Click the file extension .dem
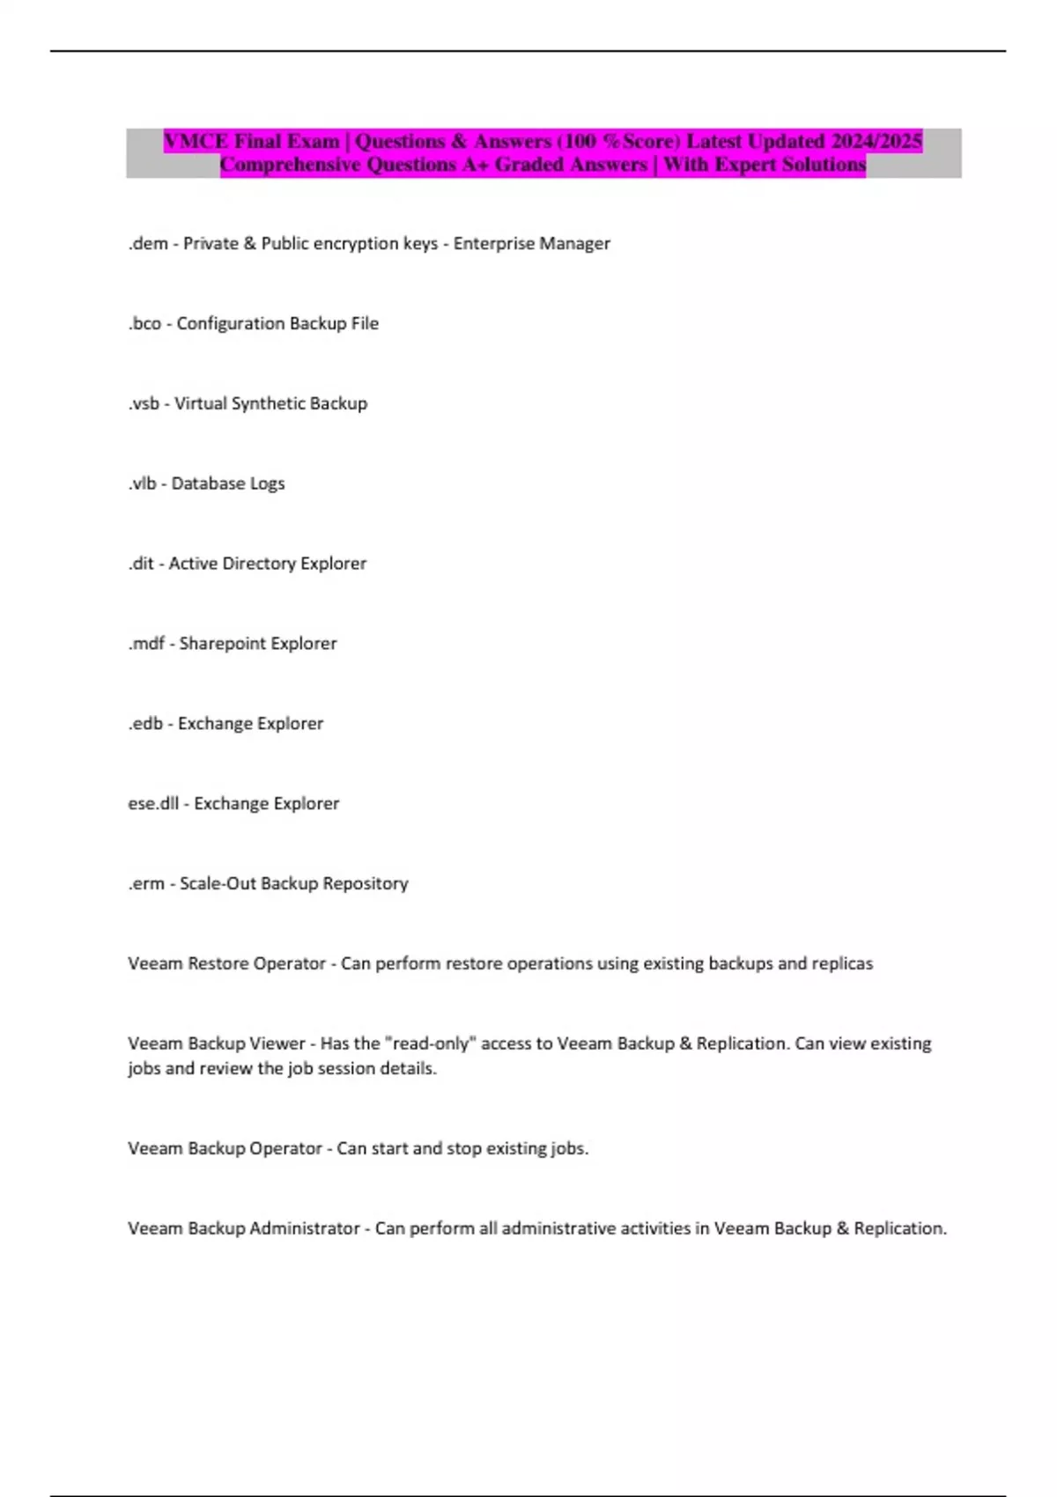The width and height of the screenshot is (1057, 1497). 148,244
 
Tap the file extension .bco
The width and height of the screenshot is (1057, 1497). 145,324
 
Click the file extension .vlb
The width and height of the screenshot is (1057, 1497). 142,483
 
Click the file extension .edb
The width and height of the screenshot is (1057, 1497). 145,724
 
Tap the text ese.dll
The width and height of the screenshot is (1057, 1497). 153,803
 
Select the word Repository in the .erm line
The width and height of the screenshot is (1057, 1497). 365,883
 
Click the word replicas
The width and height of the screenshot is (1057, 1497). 841,963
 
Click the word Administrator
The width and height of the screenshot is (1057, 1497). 305,1228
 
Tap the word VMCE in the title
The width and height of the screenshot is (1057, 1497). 196,141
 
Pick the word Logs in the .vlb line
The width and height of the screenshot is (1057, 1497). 267,483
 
